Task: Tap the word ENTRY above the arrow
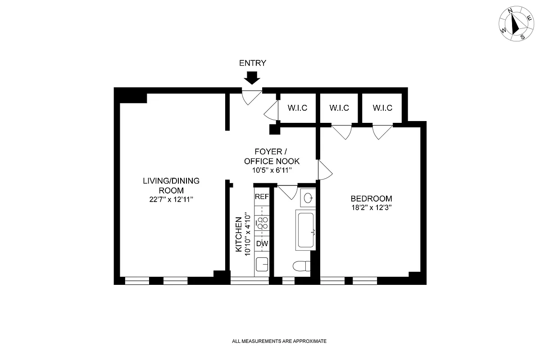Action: (x=253, y=63)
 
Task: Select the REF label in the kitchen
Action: (x=262, y=197)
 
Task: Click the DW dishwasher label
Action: (x=262, y=244)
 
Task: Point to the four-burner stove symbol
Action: (x=262, y=222)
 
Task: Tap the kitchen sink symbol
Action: (x=262, y=264)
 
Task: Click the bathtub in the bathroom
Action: (x=306, y=230)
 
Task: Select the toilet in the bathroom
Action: (x=301, y=266)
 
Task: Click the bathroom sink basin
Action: (x=308, y=198)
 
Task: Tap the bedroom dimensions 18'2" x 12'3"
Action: (x=371, y=208)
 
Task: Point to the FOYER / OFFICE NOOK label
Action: (x=272, y=156)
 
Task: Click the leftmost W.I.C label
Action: (x=298, y=108)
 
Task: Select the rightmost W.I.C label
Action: (x=382, y=108)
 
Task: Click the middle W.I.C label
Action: (x=339, y=108)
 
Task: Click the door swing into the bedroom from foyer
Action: (x=324, y=171)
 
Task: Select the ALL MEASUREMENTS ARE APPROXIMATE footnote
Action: (x=279, y=342)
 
